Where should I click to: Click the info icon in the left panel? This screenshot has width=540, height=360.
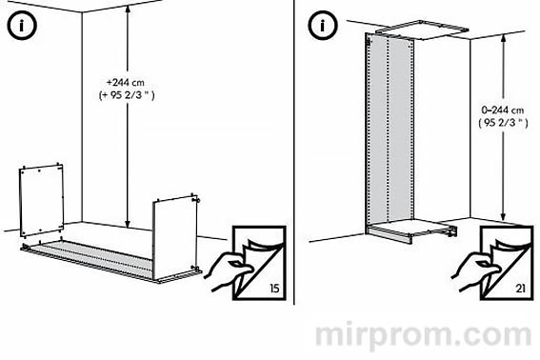pyautogui.click(x=21, y=25)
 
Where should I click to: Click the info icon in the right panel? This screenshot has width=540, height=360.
pyautogui.click(x=322, y=25)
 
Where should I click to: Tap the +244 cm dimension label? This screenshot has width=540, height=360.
pyautogui.click(x=126, y=83)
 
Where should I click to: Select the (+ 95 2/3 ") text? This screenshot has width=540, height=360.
pyautogui.click(x=127, y=95)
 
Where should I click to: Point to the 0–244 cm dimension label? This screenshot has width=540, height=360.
pyautogui.click(x=503, y=110)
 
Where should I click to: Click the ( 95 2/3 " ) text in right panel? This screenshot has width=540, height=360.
pyautogui.click(x=503, y=123)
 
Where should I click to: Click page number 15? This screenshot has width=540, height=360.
pyautogui.click(x=274, y=288)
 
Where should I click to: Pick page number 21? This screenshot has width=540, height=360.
pyautogui.click(x=520, y=288)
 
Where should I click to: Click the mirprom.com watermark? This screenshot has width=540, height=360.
pyautogui.click(x=423, y=334)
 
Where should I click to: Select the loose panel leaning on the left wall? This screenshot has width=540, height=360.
pyautogui.click(x=41, y=201)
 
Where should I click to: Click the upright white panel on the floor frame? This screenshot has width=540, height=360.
pyautogui.click(x=174, y=238)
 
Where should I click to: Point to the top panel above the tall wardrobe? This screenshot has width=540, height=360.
pyautogui.click(x=422, y=30)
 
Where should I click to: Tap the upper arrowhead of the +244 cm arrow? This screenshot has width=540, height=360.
pyautogui.click(x=128, y=9)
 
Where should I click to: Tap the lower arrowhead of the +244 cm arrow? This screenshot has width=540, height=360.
pyautogui.click(x=128, y=224)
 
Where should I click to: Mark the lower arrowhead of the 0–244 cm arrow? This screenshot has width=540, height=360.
pyautogui.click(x=503, y=216)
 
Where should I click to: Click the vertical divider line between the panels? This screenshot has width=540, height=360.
pyautogui.click(x=293, y=152)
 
